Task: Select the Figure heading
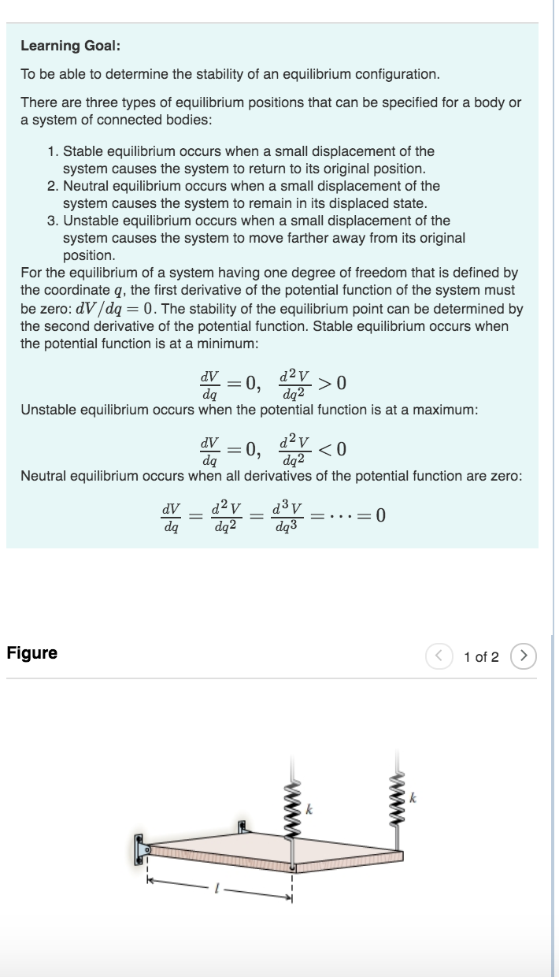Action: [31, 653]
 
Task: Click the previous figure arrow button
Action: [439, 656]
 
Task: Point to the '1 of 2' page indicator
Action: [481, 656]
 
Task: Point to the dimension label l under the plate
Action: [210, 886]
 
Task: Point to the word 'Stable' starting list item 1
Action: [82, 151]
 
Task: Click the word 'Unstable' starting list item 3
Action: [89, 221]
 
